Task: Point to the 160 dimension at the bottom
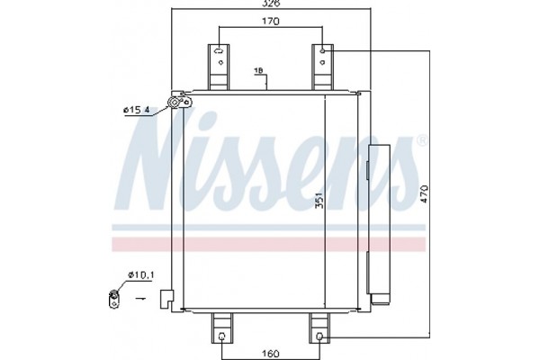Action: (269, 351)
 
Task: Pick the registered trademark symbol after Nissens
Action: (419, 140)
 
